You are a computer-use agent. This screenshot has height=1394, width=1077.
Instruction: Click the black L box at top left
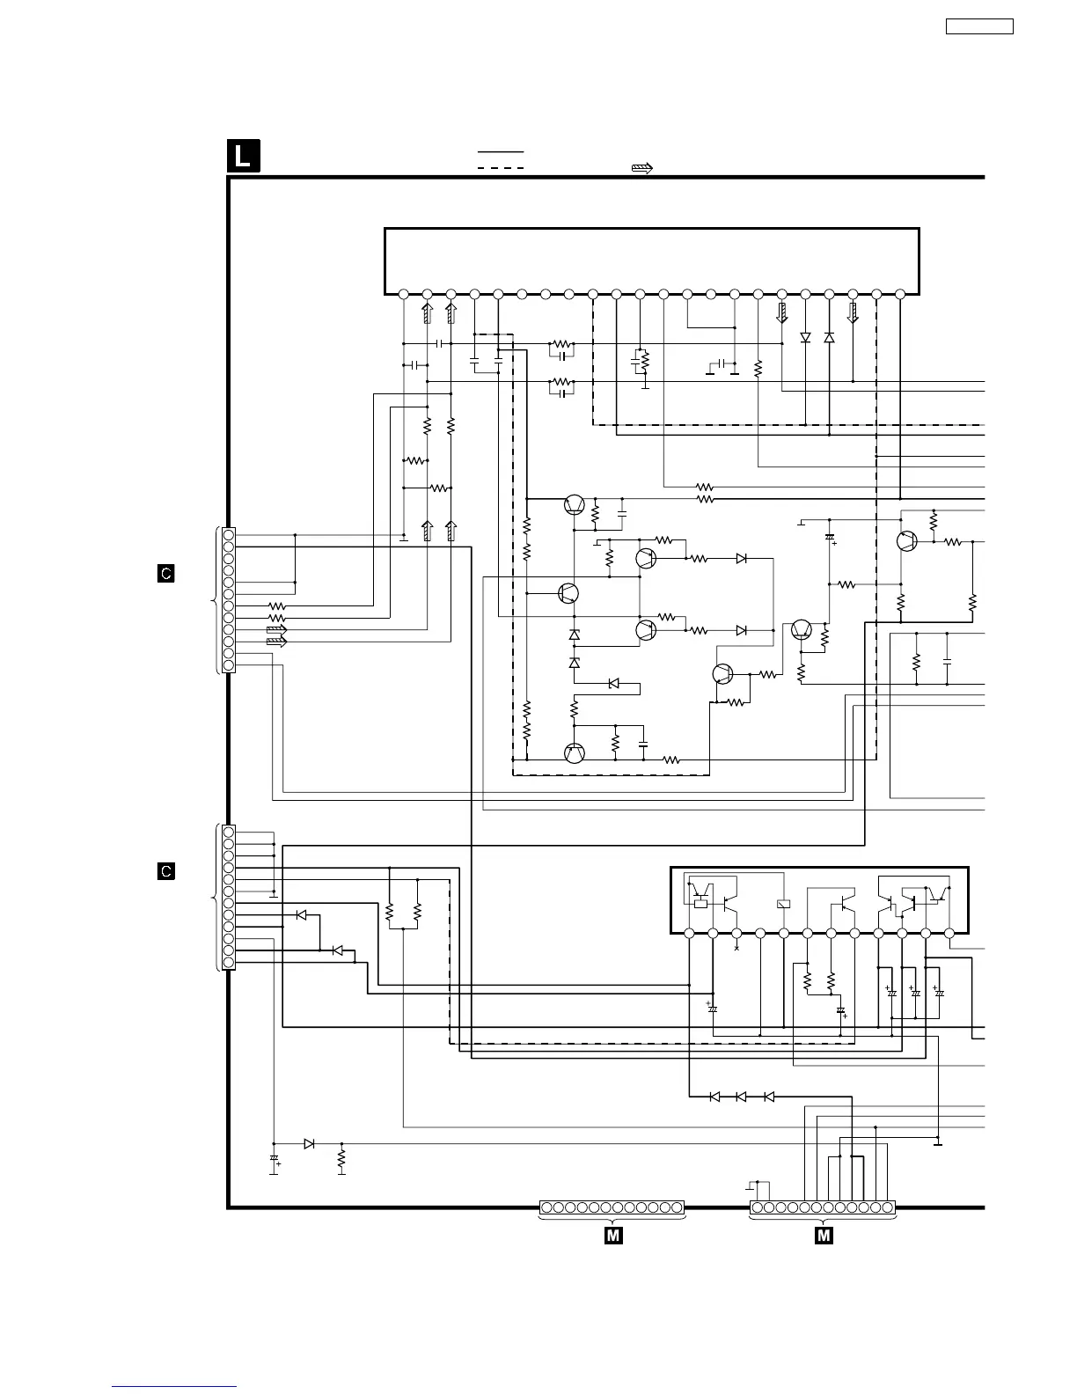(x=243, y=156)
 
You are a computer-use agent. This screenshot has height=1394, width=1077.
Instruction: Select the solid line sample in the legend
(x=501, y=152)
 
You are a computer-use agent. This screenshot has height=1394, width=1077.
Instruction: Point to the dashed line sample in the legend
(x=501, y=167)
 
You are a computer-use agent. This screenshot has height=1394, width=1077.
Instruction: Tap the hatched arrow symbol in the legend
(x=642, y=168)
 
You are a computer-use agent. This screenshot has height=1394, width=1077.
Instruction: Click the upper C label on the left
(x=165, y=574)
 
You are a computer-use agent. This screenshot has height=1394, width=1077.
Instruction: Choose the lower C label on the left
(x=165, y=871)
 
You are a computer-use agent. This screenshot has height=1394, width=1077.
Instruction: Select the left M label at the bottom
(x=613, y=1236)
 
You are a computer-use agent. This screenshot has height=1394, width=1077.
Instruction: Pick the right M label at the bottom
(x=824, y=1236)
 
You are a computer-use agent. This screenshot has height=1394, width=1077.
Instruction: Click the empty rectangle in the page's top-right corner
(x=979, y=26)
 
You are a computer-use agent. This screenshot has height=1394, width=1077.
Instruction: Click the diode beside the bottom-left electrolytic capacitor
(x=309, y=1144)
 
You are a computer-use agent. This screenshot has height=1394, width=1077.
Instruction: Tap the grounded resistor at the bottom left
(x=341, y=1158)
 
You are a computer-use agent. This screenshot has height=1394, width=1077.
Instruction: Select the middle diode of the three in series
(x=741, y=1097)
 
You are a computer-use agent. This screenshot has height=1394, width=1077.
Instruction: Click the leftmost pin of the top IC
(x=403, y=294)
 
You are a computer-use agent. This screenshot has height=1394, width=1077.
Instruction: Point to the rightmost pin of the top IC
(x=900, y=294)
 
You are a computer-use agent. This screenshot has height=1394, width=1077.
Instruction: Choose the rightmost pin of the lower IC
(x=949, y=933)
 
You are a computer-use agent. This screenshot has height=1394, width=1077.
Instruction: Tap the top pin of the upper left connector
(x=229, y=535)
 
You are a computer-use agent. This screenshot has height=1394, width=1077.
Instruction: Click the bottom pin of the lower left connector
(x=229, y=963)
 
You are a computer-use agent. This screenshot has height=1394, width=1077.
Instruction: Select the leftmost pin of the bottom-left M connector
(x=546, y=1207)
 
